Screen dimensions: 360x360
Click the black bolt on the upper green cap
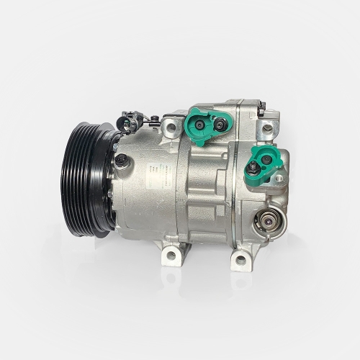(x=220, y=125)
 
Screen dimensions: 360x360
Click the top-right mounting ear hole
(x=268, y=128)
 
